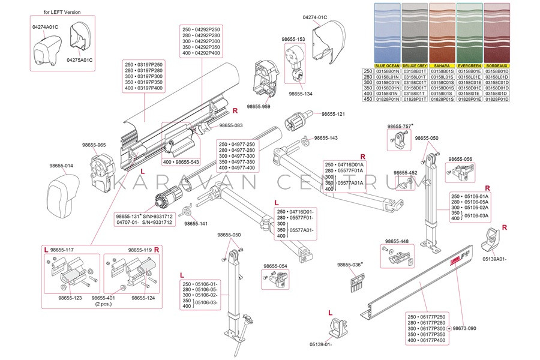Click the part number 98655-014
point(61,166)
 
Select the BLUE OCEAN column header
point(386,65)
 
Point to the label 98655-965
point(94,145)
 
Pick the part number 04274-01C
point(315,17)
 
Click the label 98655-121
point(333,114)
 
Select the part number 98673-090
point(464,328)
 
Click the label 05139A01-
point(494,259)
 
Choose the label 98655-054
point(275,266)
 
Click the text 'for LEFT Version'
point(62,12)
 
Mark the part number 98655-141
point(196,223)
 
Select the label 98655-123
point(70,298)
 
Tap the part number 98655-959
point(258,106)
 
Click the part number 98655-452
point(405,173)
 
